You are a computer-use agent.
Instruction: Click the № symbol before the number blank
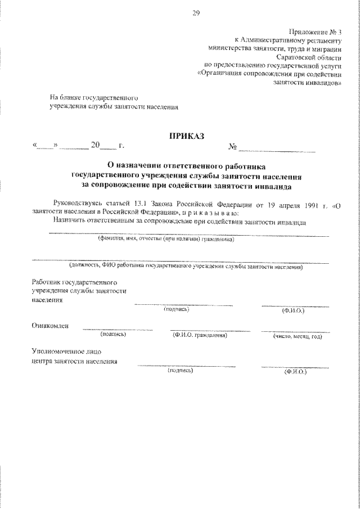click(x=233, y=147)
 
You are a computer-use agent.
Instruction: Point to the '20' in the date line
click(x=95, y=146)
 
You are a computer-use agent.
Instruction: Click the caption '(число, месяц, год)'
click(x=298, y=336)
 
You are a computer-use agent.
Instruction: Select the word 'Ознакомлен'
click(x=50, y=326)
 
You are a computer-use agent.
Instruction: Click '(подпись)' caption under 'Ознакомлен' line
click(x=113, y=335)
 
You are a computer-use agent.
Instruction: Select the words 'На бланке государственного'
click(x=93, y=97)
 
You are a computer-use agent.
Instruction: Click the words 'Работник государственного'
click(x=74, y=281)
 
